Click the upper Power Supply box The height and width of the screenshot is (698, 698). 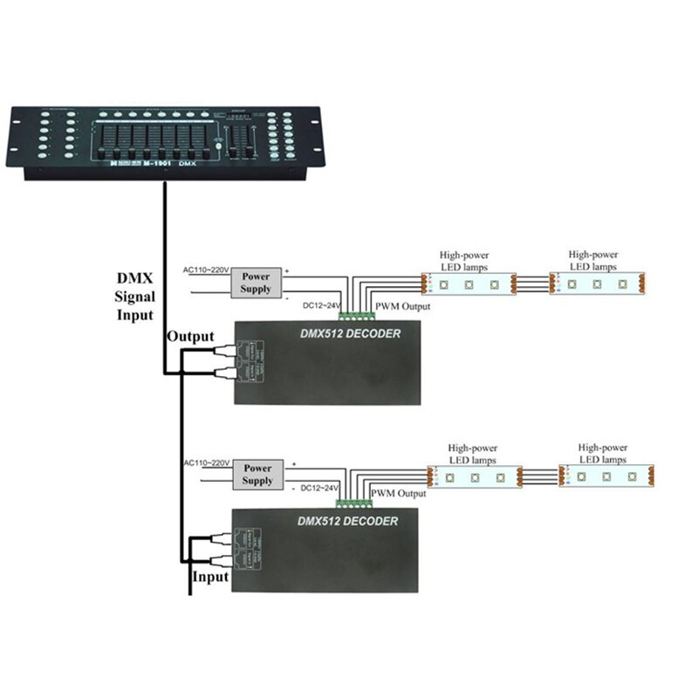click(x=255, y=282)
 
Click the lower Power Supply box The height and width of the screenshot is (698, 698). click(x=258, y=475)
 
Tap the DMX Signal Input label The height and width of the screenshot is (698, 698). click(x=135, y=297)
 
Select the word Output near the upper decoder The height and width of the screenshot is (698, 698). click(x=190, y=336)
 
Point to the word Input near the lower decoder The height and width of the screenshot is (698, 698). click(x=209, y=577)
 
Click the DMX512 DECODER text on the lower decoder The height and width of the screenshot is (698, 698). click(x=346, y=521)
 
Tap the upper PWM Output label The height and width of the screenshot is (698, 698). click(x=402, y=307)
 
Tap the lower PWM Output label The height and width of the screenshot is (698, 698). click(x=400, y=494)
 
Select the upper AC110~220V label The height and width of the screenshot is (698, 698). click(x=204, y=270)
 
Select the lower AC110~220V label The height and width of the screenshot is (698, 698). click(x=207, y=462)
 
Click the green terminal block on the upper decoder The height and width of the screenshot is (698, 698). click(x=353, y=314)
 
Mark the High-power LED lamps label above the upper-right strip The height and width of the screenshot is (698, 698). click(x=593, y=260)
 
